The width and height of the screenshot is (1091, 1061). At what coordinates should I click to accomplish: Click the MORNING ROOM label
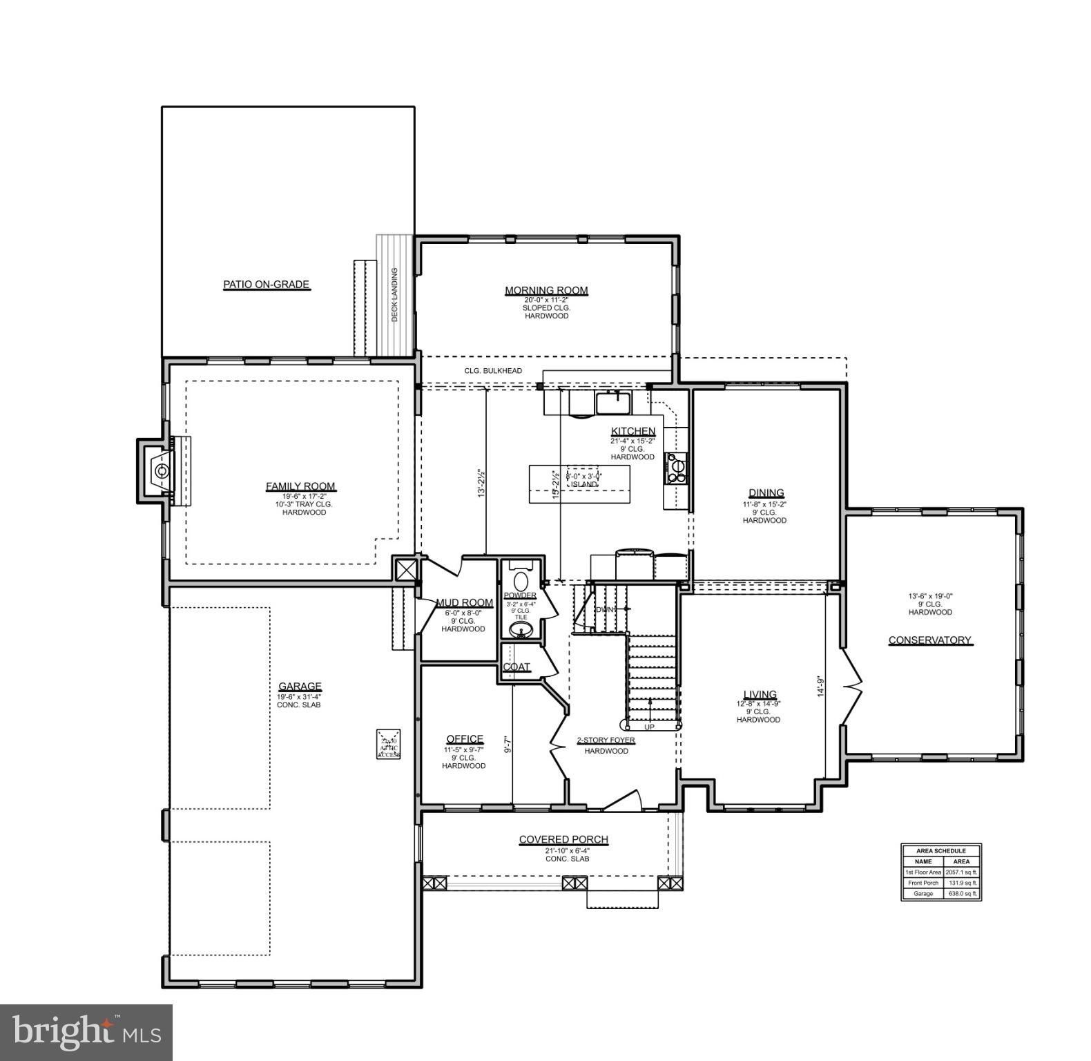[546, 290]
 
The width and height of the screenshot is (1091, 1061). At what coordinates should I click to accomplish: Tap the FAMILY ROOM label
[300, 486]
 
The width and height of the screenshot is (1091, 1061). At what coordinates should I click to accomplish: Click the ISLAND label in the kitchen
[583, 484]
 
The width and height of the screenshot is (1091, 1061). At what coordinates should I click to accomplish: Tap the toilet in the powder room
[521, 579]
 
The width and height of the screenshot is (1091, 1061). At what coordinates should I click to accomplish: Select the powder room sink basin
[521, 629]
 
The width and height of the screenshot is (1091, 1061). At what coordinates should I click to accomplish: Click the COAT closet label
[516, 667]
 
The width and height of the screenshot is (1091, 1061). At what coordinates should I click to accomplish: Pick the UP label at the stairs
[649, 727]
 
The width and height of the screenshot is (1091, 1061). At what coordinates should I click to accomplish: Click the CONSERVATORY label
[930, 640]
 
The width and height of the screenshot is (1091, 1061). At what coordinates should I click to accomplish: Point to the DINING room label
[766, 493]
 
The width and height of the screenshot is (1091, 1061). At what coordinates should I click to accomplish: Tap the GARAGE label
[300, 686]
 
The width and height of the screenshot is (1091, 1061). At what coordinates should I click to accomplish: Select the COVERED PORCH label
[563, 839]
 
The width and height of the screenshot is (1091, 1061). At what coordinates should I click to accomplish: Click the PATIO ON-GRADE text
[266, 284]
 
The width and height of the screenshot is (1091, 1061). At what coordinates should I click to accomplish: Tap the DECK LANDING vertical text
[395, 295]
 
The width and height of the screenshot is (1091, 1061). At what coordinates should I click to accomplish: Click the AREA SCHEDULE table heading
[940, 850]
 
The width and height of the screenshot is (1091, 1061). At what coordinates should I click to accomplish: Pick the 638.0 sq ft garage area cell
[961, 893]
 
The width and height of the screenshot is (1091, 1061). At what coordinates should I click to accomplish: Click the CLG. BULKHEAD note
[493, 371]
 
